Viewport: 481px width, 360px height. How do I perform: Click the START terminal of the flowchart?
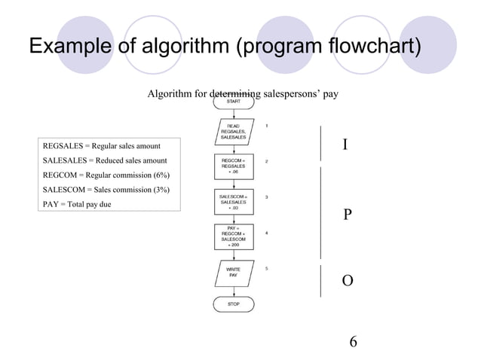coord(234,102)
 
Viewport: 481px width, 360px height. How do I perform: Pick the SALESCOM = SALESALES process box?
coord(234,201)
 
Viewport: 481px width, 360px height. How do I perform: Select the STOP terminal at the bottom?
coord(234,305)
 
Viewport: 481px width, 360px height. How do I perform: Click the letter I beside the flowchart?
coord(345,144)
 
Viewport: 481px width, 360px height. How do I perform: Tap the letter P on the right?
coord(347,215)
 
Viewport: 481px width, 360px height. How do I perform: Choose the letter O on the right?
coord(347,281)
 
